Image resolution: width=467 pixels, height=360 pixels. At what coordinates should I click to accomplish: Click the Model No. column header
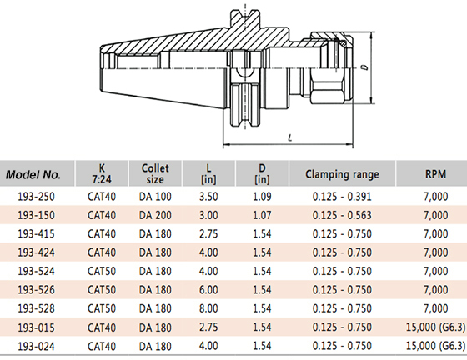33,174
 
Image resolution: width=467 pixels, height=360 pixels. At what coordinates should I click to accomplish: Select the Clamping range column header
342,174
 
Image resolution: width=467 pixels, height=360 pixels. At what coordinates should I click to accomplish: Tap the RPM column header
435,174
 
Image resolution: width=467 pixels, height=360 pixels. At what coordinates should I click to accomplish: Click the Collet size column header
155,174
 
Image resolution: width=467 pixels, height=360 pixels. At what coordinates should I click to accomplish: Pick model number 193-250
37,197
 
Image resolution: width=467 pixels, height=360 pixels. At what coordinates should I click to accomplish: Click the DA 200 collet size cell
155,215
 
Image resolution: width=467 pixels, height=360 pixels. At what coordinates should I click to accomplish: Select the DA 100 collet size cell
155,197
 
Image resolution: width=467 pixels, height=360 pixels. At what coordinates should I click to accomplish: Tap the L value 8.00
208,308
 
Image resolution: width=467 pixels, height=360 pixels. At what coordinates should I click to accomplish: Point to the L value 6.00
208,289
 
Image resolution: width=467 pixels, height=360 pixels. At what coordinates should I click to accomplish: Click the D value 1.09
262,197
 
